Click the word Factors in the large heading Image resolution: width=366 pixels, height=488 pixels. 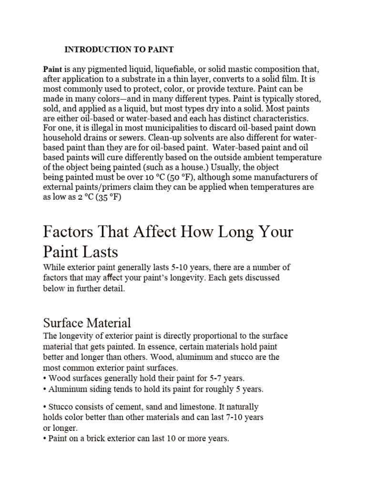71,233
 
